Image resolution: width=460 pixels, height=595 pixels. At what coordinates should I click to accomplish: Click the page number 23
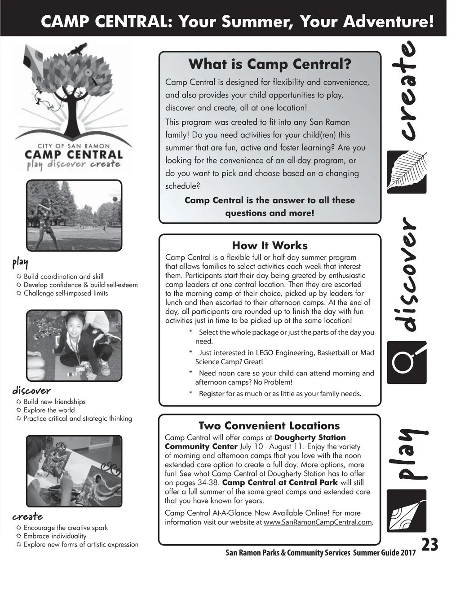[429, 544]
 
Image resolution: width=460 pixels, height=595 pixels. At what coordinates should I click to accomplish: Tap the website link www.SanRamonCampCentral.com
[318, 522]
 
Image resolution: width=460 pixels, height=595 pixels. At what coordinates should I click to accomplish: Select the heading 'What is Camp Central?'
[270, 64]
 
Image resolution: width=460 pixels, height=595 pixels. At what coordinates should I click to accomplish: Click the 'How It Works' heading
[270, 246]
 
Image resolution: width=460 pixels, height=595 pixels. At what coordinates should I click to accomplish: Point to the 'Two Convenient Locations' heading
[269, 426]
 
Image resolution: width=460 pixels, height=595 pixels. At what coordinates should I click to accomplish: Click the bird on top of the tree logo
[80, 48]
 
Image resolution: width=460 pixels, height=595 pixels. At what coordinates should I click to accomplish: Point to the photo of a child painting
[74, 471]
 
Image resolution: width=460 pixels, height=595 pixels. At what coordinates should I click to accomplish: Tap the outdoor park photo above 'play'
[74, 216]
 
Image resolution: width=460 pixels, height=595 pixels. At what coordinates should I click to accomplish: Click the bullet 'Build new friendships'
[54, 402]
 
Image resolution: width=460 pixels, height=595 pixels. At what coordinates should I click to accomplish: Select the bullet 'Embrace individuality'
[55, 536]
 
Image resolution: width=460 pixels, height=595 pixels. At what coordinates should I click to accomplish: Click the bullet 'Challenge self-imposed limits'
[66, 293]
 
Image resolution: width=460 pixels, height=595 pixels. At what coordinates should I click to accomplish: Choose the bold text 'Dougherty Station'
[310, 437]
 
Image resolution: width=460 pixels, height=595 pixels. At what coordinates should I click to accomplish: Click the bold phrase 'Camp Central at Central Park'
[280, 483]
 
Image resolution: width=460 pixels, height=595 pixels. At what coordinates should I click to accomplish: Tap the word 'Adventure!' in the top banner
[389, 21]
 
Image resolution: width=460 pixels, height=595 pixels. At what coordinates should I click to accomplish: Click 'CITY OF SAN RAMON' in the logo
[74, 146]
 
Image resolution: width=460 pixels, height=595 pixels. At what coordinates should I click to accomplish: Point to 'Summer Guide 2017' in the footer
[384, 553]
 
